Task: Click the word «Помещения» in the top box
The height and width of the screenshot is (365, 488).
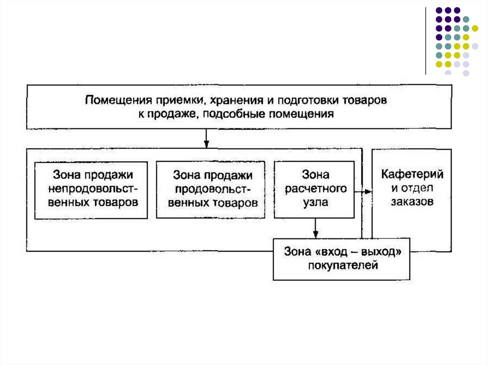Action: click(113, 101)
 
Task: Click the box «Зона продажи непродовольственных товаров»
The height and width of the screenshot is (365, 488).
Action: click(91, 189)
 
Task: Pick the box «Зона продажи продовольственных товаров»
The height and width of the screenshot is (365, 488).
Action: click(211, 189)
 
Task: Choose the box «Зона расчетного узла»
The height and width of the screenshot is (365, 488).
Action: click(314, 189)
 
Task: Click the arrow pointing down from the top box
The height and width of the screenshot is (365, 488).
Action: click(206, 138)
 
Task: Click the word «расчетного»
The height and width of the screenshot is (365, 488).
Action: click(315, 189)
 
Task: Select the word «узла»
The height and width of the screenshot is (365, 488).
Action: click(315, 202)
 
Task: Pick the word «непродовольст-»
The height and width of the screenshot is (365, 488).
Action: click(91, 188)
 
